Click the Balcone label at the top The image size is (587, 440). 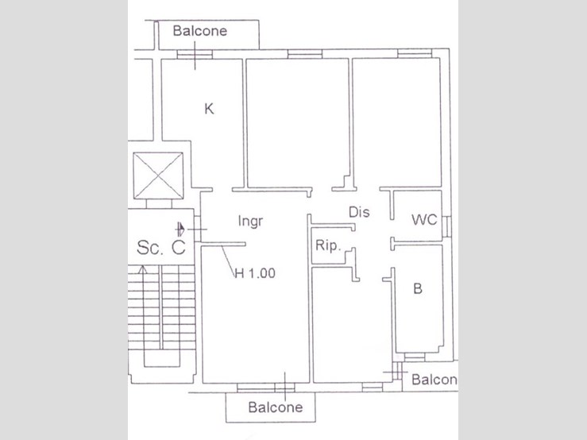click(200, 31)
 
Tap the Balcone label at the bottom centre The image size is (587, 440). click(275, 407)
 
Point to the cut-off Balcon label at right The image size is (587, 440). click(435, 380)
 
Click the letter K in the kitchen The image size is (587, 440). click(209, 109)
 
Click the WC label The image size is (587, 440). click(424, 220)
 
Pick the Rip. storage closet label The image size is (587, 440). click(327, 245)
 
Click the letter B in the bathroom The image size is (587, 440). click(417, 289)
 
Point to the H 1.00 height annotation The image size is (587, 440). click(254, 274)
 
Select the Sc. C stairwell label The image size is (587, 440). click(161, 247)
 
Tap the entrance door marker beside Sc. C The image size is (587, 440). click(183, 230)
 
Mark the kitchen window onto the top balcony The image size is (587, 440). click(195, 55)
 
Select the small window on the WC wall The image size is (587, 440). click(447, 225)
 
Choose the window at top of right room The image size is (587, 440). click(409, 54)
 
